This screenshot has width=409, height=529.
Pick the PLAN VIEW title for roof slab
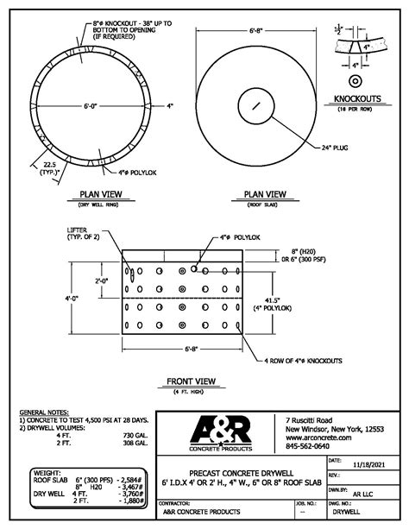[x=265, y=194]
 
